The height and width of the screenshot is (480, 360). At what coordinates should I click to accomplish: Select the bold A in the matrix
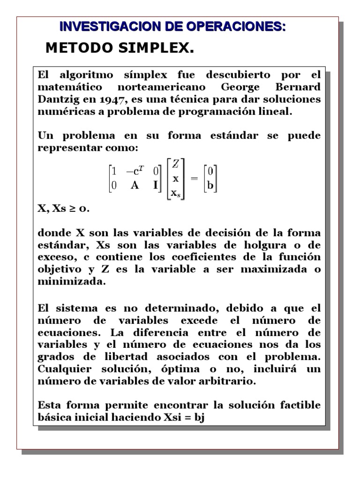click(x=135, y=185)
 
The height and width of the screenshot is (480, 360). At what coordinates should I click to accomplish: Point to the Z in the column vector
click(x=175, y=164)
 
